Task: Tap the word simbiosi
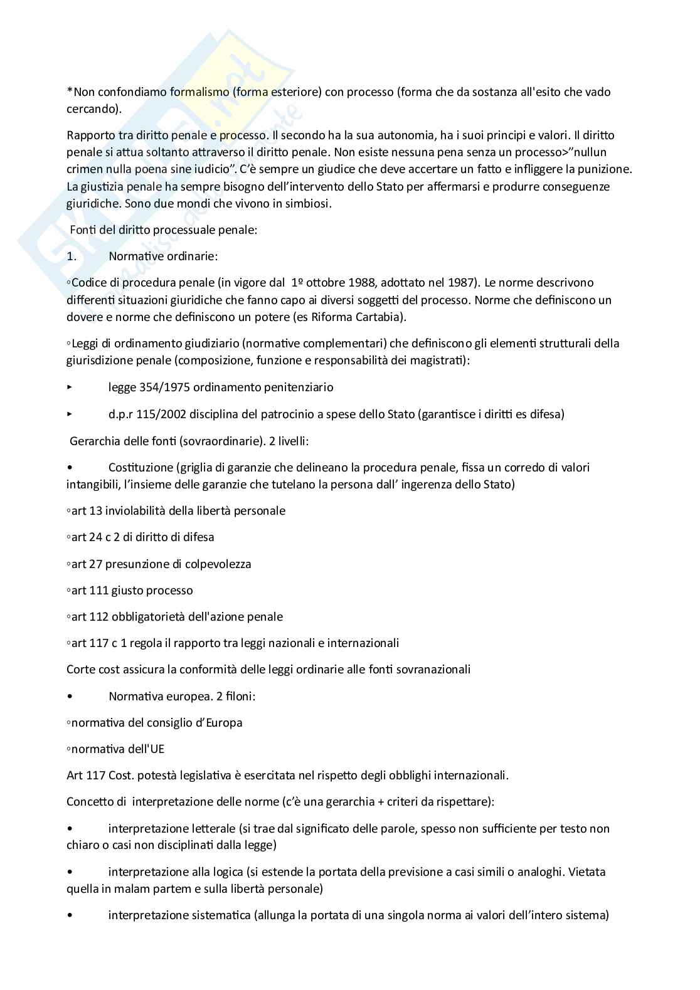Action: (x=309, y=204)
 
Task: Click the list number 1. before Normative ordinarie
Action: (x=72, y=256)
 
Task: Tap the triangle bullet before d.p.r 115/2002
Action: (x=70, y=414)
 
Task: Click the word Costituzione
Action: (x=141, y=468)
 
